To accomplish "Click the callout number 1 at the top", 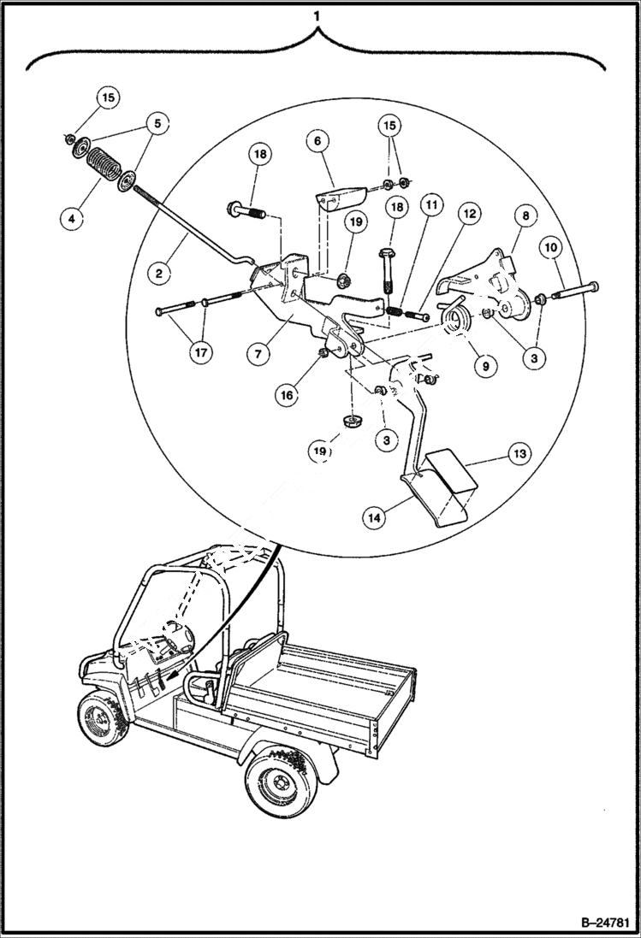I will click(318, 15).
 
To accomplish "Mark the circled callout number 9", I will click(484, 365).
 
